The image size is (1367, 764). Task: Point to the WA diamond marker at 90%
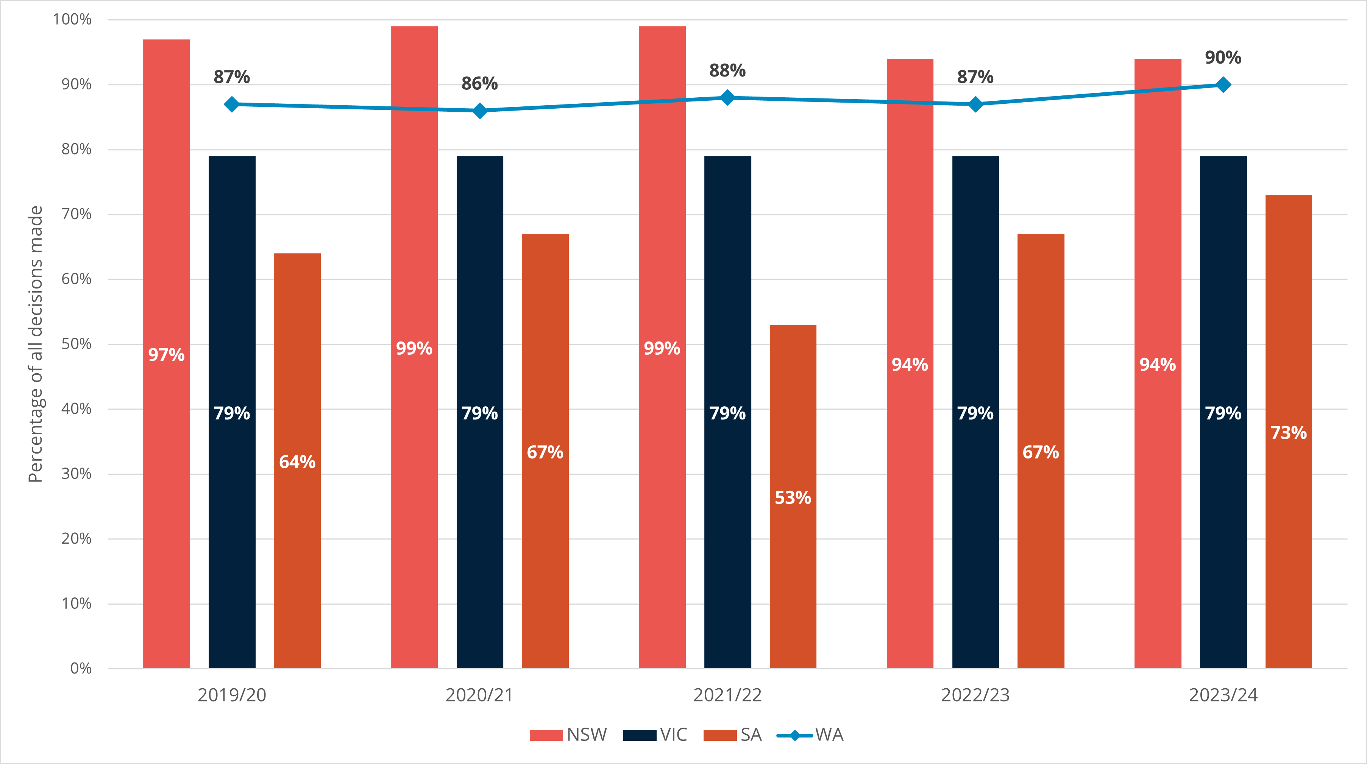point(1223,85)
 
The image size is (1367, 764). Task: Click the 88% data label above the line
point(727,70)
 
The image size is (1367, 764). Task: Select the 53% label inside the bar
point(793,498)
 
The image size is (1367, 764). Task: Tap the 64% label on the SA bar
point(297,462)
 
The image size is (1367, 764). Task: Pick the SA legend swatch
point(719,735)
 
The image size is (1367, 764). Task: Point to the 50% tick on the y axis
point(76,344)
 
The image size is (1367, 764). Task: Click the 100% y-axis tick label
point(72,20)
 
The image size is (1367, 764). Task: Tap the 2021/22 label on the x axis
point(727,695)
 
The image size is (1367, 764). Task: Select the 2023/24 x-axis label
point(1223,695)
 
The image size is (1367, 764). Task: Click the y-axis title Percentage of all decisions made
point(35,344)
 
